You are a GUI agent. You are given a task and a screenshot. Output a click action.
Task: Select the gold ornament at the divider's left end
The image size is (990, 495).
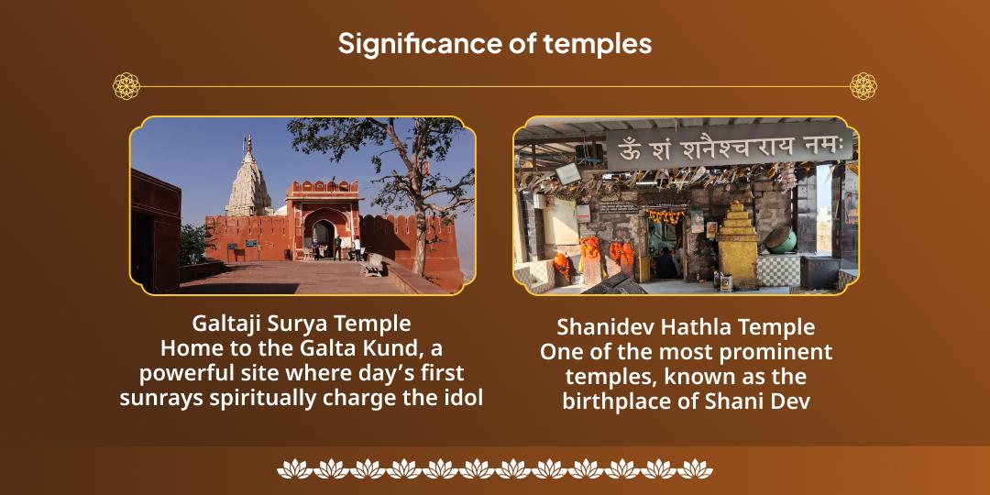pos(126,86)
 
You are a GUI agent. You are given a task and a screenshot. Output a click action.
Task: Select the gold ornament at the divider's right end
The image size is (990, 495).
pos(863,86)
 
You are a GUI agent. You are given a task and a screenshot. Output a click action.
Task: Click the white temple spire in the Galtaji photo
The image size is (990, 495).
pos(248,180)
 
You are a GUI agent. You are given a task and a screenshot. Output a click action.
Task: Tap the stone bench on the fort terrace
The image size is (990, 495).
pos(372,265)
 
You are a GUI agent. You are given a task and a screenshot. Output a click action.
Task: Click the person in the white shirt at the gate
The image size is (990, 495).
pos(357,248)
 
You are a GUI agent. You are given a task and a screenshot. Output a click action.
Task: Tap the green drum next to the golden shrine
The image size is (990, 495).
pos(781,240)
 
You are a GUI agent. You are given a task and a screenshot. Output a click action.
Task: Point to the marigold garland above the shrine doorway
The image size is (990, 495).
pos(665,216)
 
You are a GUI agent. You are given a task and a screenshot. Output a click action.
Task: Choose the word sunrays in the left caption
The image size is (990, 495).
pos(158,399)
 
